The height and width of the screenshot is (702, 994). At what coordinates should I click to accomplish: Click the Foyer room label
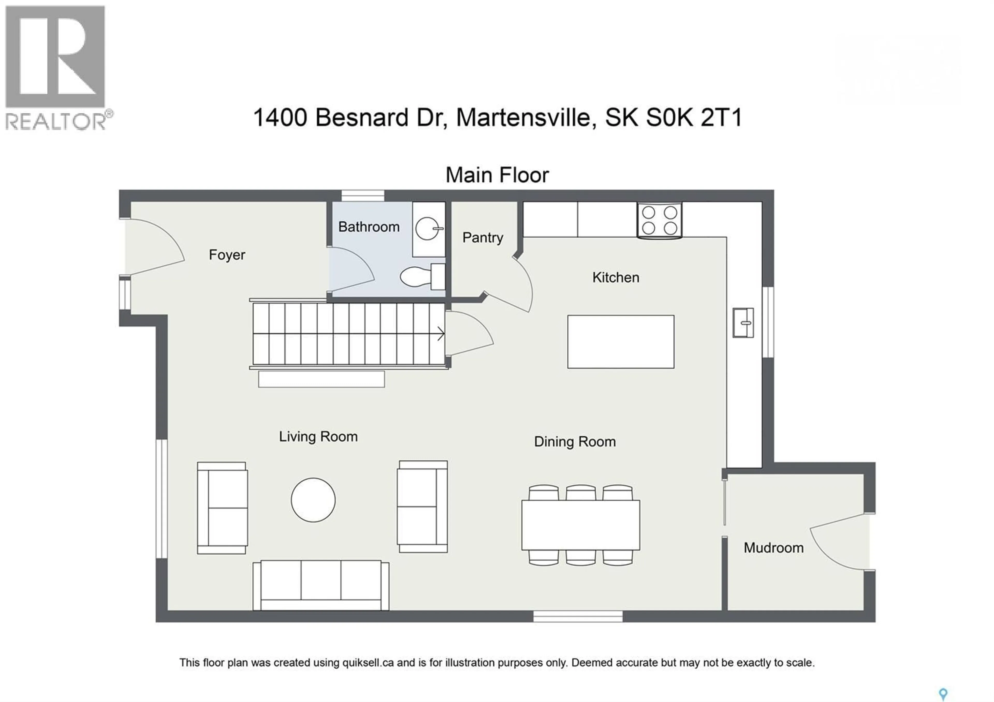coord(227,255)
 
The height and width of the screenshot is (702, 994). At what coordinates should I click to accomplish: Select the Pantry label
coord(483,238)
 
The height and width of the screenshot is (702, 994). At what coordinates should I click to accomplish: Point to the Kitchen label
coord(616,277)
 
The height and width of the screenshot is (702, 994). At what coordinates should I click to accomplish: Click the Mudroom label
coord(774,548)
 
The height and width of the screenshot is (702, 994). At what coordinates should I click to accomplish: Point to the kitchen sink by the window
coord(743,323)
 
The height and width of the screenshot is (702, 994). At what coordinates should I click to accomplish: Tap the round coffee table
coord(313,500)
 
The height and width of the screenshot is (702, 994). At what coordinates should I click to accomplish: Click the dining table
coord(581,525)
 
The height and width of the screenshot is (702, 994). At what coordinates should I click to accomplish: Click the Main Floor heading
coord(497,175)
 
